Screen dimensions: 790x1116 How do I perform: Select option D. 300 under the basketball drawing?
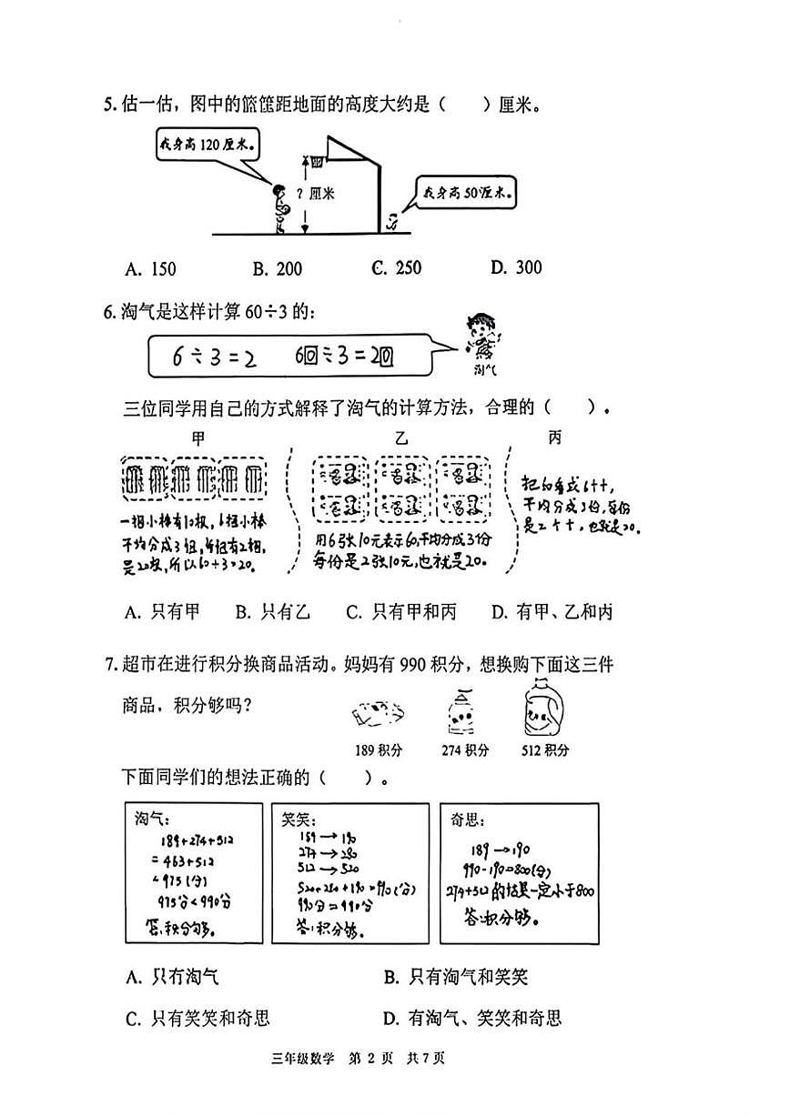click(515, 267)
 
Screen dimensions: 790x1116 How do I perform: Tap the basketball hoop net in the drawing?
click(318, 163)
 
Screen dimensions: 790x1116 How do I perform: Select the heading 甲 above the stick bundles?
click(198, 438)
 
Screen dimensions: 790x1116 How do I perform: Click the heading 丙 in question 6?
click(554, 438)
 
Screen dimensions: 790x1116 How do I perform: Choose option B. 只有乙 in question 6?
click(272, 612)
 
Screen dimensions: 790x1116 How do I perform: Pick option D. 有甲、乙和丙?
click(552, 612)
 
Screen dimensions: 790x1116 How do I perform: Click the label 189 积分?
click(379, 750)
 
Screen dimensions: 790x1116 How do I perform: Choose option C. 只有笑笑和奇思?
click(197, 1018)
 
